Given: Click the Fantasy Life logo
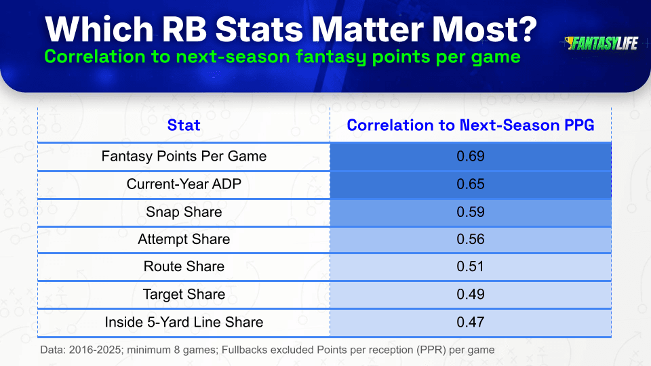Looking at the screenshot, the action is tap(601, 43).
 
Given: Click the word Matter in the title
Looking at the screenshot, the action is tap(367, 29).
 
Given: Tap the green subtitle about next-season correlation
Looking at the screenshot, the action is tap(282, 56).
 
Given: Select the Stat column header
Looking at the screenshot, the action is tap(184, 125).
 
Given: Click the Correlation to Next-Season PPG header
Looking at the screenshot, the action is tap(471, 125).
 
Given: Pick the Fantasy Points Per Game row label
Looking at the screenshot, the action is tap(184, 156).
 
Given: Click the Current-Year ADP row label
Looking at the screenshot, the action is tap(184, 184).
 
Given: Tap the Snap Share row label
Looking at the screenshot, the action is tap(184, 212).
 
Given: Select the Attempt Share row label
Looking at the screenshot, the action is tap(184, 239).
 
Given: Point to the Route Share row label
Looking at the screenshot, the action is tap(184, 266).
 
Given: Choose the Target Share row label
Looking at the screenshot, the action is tap(184, 294).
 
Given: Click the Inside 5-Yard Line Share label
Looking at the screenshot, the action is tap(184, 322).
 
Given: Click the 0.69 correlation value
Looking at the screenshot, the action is tap(471, 156).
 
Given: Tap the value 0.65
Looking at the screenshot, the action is tap(471, 184).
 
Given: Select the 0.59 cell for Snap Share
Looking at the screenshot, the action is tap(471, 212).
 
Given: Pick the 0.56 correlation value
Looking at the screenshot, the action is tap(471, 239).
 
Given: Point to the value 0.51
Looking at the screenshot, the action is tap(471, 266).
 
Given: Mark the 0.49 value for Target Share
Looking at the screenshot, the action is tap(471, 294).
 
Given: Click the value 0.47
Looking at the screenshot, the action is tap(471, 322).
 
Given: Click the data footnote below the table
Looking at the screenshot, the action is tap(267, 350).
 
